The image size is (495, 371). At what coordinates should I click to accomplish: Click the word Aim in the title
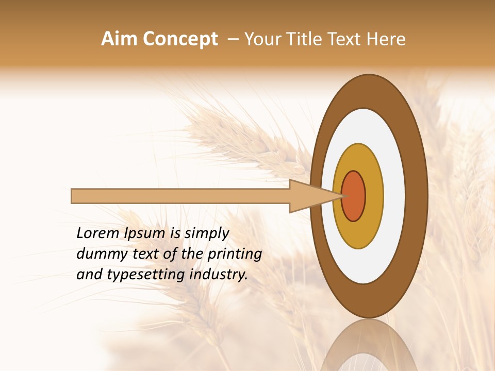[119, 39]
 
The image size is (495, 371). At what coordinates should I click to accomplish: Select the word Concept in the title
[179, 39]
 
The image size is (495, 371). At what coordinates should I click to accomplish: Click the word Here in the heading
[387, 39]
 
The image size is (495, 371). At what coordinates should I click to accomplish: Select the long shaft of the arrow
[180, 196]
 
